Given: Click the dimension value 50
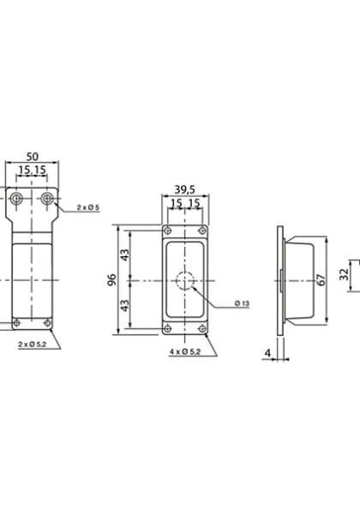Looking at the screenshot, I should pyautogui.click(x=32, y=156).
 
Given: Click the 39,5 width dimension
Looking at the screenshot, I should pyautogui.click(x=184, y=189).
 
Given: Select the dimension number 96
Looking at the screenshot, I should pyautogui.click(x=113, y=280).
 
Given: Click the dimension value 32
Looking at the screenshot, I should pyautogui.click(x=343, y=274).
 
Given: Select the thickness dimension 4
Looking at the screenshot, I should pyautogui.click(x=267, y=351).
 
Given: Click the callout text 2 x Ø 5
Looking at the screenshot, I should pyautogui.click(x=88, y=208).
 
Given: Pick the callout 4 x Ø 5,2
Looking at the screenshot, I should pyautogui.click(x=186, y=352).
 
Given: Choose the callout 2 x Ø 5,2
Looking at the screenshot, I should pyautogui.click(x=32, y=344).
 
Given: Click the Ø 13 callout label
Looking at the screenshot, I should pyautogui.click(x=241, y=305).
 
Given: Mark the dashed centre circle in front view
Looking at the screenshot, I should pyautogui.click(x=185, y=280).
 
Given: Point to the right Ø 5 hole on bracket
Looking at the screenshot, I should pyautogui.click(x=48, y=199).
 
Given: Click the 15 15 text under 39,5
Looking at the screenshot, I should pyautogui.click(x=185, y=203).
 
